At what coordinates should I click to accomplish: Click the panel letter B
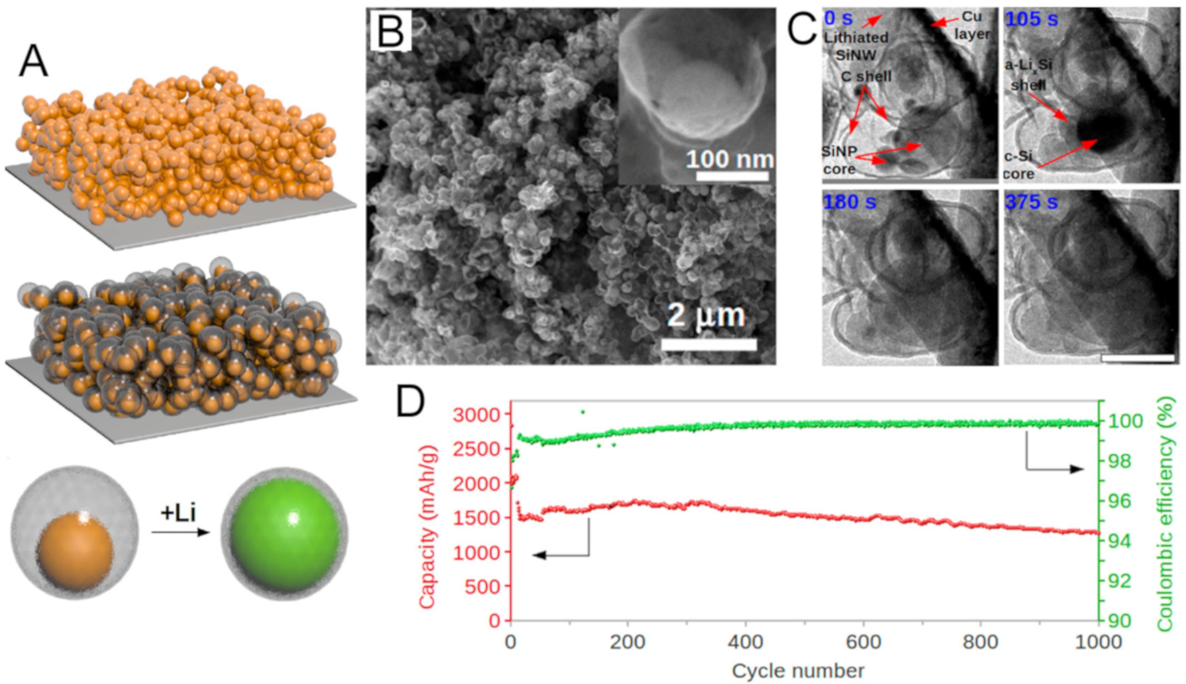391,30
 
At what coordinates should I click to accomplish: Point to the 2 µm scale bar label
706,316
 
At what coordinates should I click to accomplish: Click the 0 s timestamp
838,18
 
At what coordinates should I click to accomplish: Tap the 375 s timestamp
1031,202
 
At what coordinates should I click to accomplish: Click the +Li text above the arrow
178,513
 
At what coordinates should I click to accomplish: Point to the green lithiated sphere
285,532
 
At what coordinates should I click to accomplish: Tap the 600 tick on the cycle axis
864,642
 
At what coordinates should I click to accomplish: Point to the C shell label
866,76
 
